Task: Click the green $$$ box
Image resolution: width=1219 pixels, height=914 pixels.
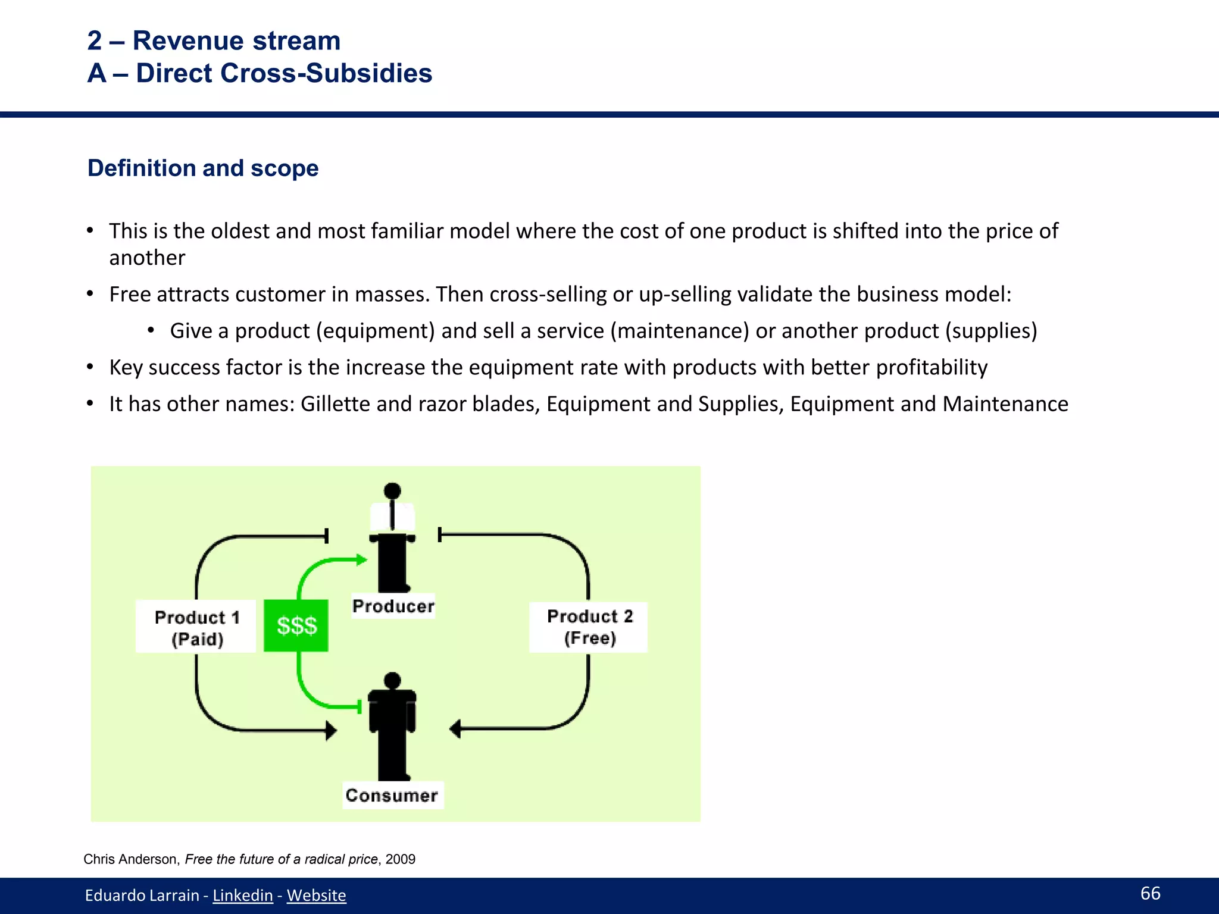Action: tap(296, 625)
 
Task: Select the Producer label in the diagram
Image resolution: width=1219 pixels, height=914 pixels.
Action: tap(393, 606)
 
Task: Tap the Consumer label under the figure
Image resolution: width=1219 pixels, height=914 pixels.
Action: tap(392, 796)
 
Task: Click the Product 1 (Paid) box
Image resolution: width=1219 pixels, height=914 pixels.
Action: tap(196, 627)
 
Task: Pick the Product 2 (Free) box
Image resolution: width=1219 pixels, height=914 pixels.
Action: tap(589, 627)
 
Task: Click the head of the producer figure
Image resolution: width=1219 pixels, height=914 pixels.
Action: tap(392, 491)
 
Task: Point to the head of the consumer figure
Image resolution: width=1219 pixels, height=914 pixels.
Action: tap(392, 680)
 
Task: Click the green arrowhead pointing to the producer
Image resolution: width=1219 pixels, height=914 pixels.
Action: tap(361, 559)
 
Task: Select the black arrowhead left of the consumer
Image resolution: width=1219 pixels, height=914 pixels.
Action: tap(331, 730)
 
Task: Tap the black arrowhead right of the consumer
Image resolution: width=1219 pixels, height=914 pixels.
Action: tap(456, 728)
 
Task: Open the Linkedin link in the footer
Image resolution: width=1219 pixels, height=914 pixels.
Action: tap(242, 895)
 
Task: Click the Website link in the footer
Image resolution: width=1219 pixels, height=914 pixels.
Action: tap(316, 895)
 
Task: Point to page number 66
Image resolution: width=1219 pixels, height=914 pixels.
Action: tap(1150, 893)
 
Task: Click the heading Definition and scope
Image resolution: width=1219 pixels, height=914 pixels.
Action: tap(203, 168)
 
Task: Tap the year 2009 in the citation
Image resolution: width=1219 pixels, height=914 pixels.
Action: tap(400, 859)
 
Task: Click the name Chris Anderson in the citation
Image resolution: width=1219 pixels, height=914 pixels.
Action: tap(130, 859)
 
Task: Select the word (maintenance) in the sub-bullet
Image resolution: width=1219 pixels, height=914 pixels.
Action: tap(679, 331)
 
